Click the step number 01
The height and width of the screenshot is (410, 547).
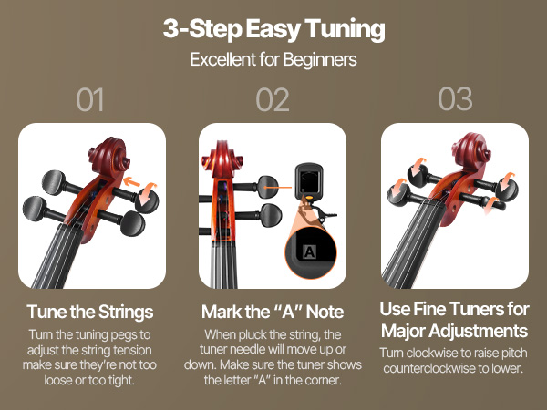point(90,99)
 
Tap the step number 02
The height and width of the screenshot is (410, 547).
point(273,99)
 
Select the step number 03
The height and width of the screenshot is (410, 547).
point(455,99)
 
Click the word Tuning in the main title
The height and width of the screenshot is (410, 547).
point(345,29)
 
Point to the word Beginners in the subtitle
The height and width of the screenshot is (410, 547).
point(320,60)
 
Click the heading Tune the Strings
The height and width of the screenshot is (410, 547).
point(90,312)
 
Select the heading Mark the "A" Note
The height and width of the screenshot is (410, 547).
point(273,312)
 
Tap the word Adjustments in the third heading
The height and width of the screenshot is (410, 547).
point(478,331)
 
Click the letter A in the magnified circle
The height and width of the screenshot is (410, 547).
point(310,251)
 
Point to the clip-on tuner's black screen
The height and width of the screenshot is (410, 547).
point(308,179)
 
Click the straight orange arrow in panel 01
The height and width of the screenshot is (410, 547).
point(132,181)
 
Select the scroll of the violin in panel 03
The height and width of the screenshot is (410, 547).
point(471,151)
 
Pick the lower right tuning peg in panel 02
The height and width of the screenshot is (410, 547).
point(271,215)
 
